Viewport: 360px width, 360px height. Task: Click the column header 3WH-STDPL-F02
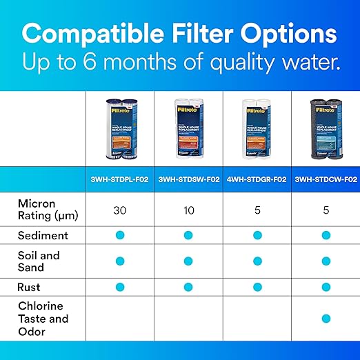(120, 179)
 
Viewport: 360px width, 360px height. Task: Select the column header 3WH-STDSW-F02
(188, 179)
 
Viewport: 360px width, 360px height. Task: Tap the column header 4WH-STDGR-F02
(257, 179)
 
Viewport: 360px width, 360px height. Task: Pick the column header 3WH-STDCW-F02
(325, 179)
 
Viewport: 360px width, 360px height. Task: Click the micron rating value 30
(120, 210)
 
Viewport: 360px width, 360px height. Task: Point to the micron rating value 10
(188, 210)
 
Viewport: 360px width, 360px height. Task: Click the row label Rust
(29, 286)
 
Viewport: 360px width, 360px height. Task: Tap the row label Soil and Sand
(39, 261)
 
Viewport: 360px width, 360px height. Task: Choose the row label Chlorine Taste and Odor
(43, 319)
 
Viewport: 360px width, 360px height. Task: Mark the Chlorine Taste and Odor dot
(325, 319)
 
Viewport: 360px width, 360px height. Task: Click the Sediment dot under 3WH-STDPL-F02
(120, 235)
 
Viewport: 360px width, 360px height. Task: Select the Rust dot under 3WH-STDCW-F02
(325, 286)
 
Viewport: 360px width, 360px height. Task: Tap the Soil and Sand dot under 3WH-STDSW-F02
(188, 261)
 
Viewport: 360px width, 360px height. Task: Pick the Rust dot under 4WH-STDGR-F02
(257, 286)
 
